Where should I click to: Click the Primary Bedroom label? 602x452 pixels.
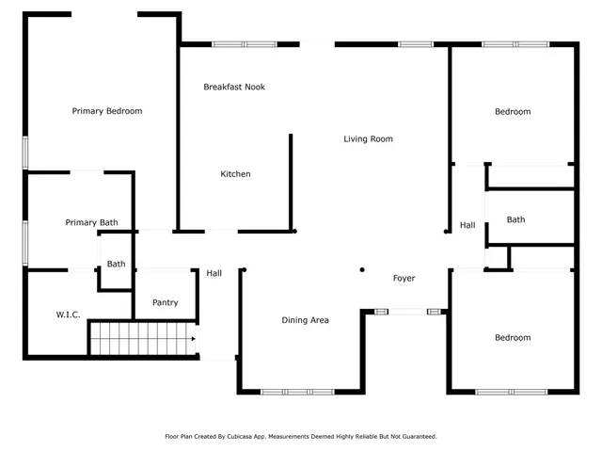[x=107, y=111]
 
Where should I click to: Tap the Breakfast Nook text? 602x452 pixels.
[x=234, y=87]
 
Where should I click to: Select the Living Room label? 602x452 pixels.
[x=368, y=139]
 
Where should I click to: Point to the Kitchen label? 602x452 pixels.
[x=235, y=174]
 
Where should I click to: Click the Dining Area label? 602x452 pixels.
[x=305, y=321]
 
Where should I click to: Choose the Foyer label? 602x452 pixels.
[x=404, y=279]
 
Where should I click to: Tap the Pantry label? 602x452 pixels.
[x=165, y=303]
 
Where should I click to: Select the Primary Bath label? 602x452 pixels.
[x=91, y=223]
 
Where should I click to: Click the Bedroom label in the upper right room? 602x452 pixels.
[x=513, y=112]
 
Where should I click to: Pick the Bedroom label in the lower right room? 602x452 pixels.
[x=513, y=338]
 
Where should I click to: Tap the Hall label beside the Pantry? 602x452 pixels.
[x=214, y=274]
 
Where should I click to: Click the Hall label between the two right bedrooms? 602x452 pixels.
[x=467, y=226]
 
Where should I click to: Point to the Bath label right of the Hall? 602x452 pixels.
[x=515, y=220]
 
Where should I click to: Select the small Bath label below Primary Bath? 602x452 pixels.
[x=116, y=265]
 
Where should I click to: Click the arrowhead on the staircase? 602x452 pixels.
[x=192, y=338]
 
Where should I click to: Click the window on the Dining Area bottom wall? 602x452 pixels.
[x=297, y=391]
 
